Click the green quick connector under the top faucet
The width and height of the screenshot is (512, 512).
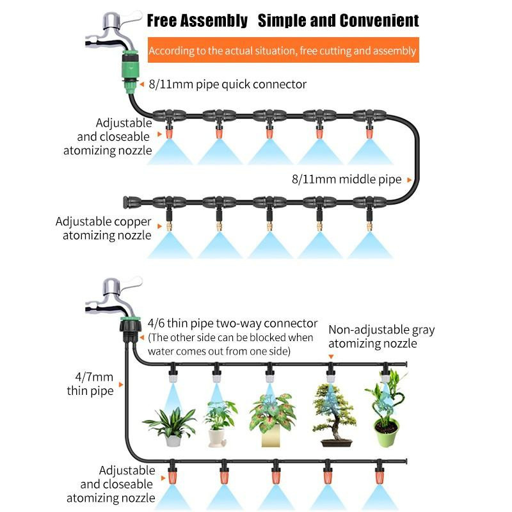131,71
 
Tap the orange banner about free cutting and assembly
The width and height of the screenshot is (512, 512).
283,50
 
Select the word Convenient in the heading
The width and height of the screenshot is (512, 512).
379,20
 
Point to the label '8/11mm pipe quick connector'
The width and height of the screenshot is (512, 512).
228,84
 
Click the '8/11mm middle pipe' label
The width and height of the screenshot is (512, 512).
346,179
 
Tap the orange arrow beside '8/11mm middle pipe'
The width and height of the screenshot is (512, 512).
409,180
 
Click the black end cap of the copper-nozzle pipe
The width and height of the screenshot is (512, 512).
126,202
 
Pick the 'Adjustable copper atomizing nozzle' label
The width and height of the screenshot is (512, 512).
104,228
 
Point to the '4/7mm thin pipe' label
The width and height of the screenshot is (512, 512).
90,383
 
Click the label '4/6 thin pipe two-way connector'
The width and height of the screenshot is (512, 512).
232,323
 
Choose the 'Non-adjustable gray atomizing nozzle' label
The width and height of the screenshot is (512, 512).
381,337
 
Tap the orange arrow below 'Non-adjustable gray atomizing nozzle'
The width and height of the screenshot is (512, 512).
331,356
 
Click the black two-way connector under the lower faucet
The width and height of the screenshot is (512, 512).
131,330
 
